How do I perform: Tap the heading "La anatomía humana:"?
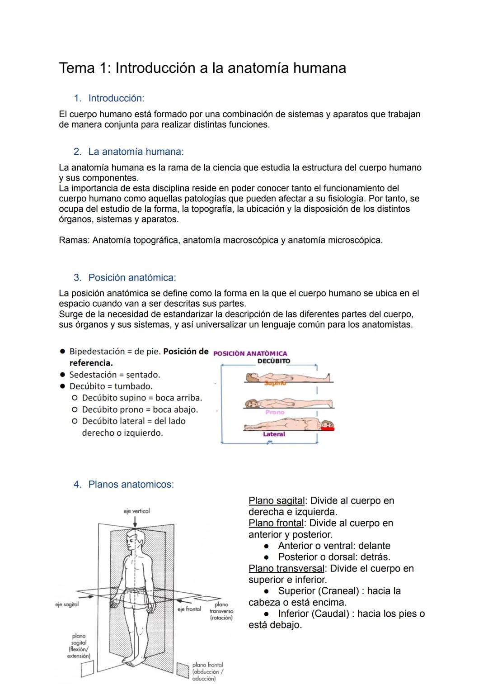coord(136,152)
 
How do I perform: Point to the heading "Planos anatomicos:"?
coord(131,485)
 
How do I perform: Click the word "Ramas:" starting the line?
coord(74,240)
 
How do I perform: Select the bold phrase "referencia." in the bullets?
coord(91,363)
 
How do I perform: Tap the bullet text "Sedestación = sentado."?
coord(114,375)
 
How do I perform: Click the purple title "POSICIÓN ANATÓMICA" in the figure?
coord(250,353)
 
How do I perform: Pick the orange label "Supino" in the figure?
coord(275,383)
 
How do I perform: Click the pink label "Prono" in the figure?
coord(275,412)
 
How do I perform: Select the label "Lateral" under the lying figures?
coord(274,434)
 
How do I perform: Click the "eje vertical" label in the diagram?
coord(136,511)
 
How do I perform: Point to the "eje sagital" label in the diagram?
coord(67,604)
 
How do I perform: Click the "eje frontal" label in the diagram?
coord(189,609)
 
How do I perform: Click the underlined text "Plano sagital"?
coord(277,501)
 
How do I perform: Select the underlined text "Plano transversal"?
coord(286,569)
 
